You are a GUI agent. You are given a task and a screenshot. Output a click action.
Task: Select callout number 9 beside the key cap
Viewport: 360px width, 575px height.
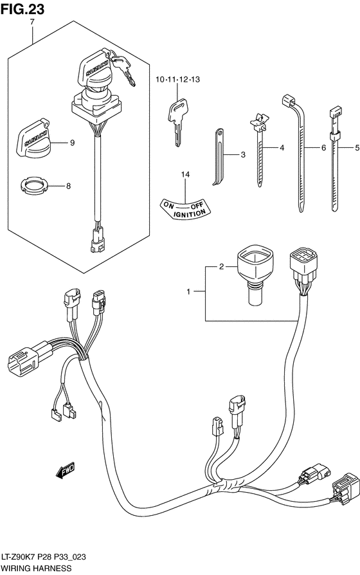72,143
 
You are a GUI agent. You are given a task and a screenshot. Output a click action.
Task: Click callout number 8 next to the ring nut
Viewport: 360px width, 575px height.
69,187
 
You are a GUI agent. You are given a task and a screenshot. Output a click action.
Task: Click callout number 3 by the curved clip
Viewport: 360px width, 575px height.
243,155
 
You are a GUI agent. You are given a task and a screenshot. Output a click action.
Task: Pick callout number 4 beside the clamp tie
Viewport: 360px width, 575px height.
281,149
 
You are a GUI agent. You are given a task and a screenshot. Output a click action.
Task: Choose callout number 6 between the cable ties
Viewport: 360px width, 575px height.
323,149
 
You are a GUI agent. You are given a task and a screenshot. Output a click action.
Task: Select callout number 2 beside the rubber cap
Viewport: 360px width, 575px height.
221,266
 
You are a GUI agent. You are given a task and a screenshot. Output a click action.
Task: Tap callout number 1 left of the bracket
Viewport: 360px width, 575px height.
189,293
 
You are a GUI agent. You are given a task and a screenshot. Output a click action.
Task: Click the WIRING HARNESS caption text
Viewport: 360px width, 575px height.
36,569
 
